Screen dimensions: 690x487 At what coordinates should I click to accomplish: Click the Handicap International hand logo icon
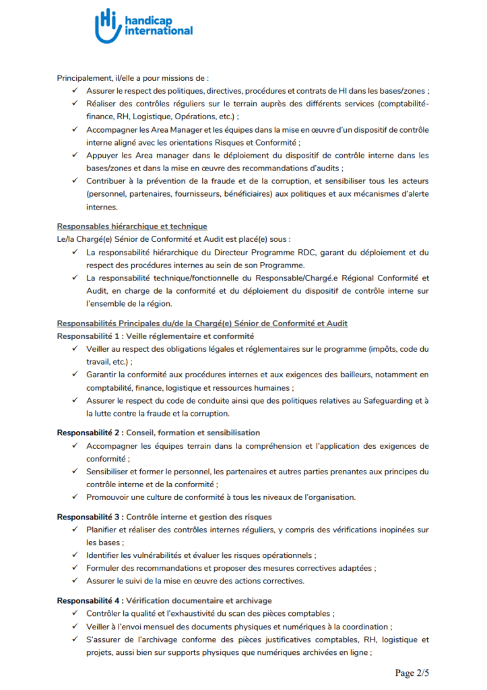[108, 24]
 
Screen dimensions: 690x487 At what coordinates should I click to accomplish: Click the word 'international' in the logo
[158, 30]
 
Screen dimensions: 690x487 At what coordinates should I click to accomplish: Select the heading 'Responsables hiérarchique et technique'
[132, 226]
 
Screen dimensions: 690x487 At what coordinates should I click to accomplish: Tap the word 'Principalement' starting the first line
[88, 78]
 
